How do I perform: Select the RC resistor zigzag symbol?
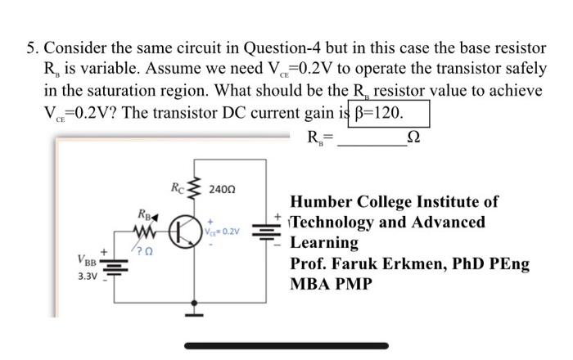196,189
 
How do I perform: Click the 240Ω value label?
222,189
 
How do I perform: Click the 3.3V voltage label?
88,277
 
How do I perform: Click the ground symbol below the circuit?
196,308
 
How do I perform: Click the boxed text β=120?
389,112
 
